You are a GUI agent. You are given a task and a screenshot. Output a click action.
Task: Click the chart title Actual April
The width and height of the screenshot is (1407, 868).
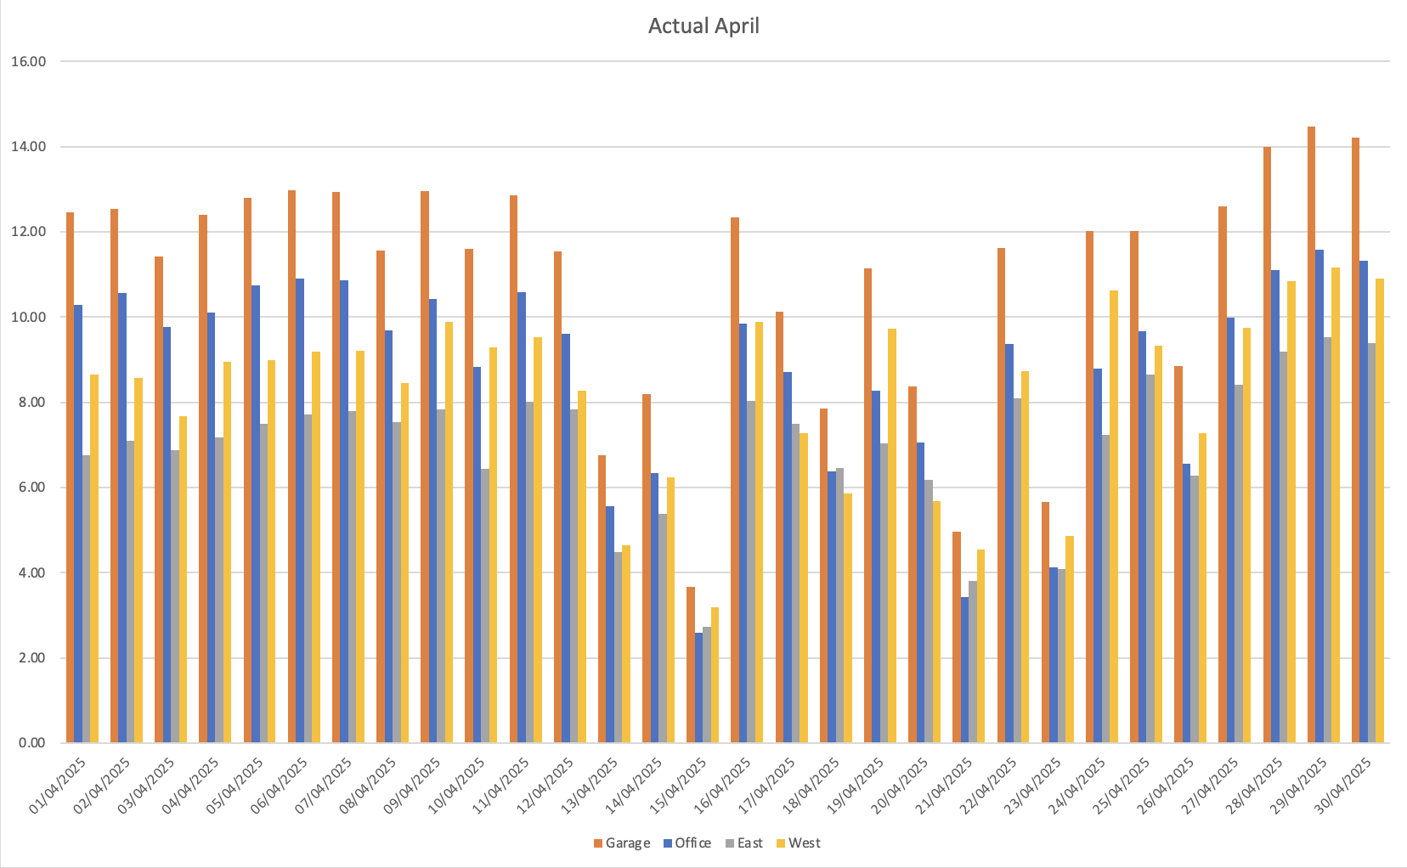(x=703, y=26)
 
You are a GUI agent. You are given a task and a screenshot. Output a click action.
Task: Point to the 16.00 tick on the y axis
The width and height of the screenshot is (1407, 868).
(x=29, y=62)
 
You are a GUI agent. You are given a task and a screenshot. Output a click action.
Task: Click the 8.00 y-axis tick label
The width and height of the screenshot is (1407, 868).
(x=29, y=403)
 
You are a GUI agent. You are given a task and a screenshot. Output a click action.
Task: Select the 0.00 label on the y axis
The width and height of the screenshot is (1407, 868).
(x=29, y=743)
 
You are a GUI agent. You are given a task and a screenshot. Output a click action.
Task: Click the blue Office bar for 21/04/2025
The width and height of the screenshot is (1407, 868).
(x=965, y=670)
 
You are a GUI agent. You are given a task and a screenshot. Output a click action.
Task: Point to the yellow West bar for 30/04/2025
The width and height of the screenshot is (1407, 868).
(x=1380, y=510)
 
